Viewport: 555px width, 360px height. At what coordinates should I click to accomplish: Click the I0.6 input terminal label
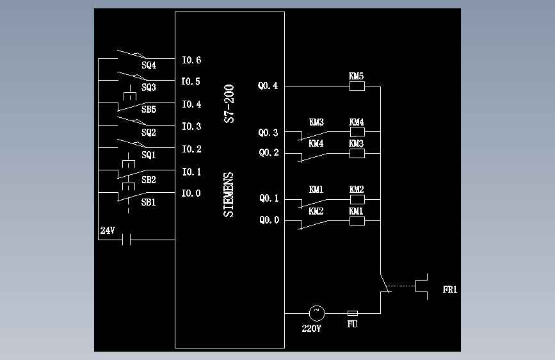point(191,60)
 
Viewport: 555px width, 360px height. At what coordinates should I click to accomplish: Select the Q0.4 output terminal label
point(268,86)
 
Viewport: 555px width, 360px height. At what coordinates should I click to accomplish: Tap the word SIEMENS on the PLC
point(229,195)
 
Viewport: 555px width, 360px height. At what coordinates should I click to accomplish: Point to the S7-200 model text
point(229,104)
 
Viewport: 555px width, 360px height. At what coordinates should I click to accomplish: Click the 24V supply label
point(108,231)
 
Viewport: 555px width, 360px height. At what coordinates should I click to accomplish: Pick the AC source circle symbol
point(317,313)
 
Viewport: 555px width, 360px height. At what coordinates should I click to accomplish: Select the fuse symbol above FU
point(353,313)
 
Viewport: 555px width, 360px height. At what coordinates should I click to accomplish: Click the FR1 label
point(450,290)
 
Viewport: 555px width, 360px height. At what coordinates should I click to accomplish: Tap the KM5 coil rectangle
point(357,86)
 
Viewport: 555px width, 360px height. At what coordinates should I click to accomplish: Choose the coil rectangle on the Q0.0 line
point(357,221)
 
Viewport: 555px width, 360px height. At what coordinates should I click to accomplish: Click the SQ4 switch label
point(149,65)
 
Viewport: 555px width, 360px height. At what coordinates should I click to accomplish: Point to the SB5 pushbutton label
point(149,110)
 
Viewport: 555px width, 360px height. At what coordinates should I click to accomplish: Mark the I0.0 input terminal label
point(191,193)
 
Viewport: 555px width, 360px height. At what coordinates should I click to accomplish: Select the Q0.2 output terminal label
point(269,152)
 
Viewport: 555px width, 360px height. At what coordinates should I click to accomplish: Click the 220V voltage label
point(312,329)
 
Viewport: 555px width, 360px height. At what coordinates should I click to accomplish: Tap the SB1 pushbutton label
point(149,202)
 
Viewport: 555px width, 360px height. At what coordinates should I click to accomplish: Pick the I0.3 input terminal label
point(191,126)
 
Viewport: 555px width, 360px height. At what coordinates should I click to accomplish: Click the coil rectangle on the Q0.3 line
point(357,132)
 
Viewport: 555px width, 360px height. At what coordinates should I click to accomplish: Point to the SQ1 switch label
point(149,155)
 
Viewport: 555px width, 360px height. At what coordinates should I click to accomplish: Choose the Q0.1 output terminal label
point(269,199)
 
